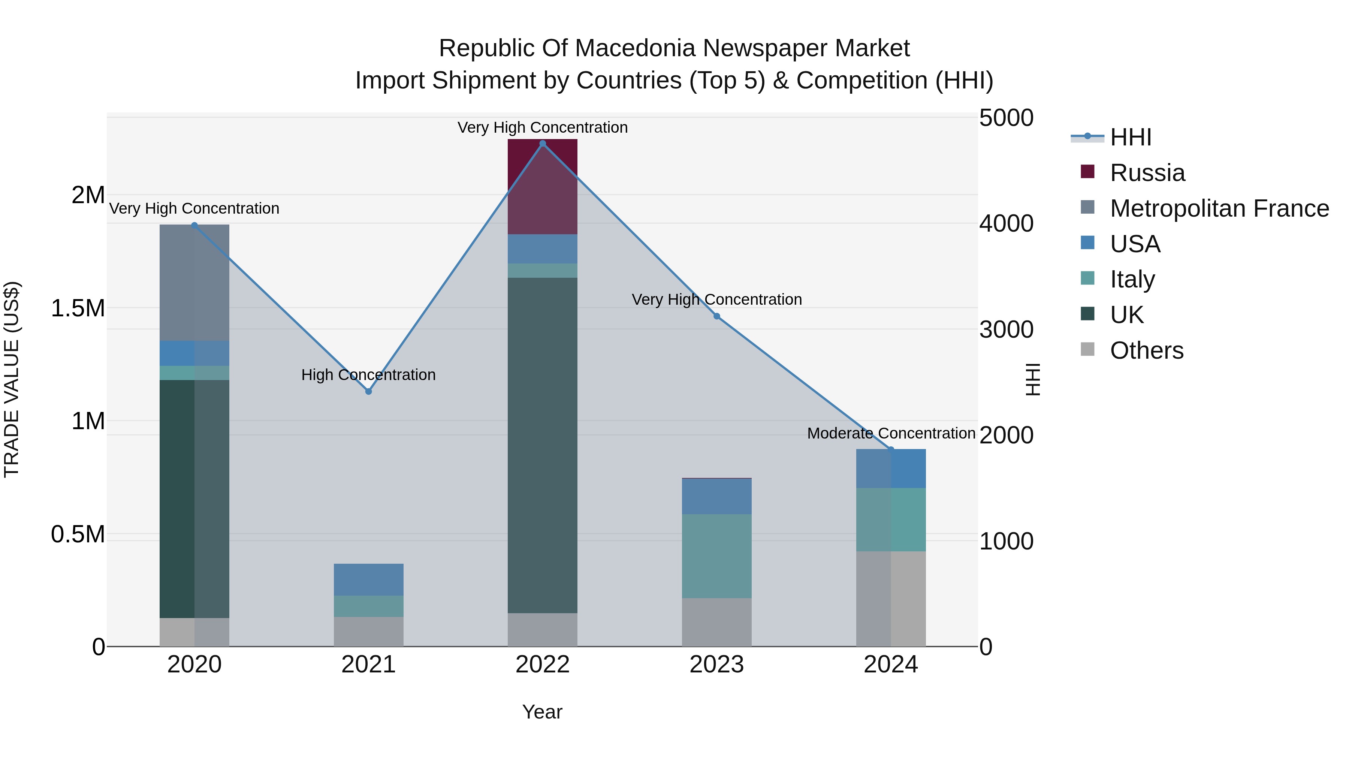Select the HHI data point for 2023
(716, 316)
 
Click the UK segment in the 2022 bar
(543, 445)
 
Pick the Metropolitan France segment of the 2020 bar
(194, 283)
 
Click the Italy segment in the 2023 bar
(716, 556)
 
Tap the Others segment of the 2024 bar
(890, 599)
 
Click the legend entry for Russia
(1147, 173)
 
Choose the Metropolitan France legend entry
(1219, 208)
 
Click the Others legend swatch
(1088, 349)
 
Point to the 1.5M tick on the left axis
(78, 308)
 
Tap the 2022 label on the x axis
(543, 665)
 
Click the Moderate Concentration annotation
(891, 433)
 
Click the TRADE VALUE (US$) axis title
(12, 379)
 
